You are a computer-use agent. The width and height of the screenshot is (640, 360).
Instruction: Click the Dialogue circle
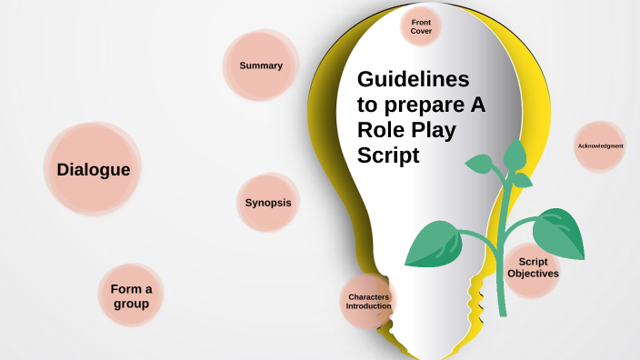93,169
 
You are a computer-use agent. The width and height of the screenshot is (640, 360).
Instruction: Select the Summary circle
261,65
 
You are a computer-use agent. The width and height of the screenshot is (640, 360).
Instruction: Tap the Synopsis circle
268,203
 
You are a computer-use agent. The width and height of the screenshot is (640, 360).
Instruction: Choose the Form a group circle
131,295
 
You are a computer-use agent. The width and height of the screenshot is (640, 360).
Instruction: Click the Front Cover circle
421,26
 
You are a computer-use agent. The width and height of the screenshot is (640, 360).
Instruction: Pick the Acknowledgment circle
600,146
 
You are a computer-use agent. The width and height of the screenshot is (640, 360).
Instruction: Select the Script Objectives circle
533,267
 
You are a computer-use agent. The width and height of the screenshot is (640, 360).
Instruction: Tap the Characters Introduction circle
369,301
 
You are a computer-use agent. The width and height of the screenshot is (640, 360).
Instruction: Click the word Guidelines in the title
413,79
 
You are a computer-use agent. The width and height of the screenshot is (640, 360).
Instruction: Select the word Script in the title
388,155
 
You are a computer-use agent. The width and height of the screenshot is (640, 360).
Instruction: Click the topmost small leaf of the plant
515,155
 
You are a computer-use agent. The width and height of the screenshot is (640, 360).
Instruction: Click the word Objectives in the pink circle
533,273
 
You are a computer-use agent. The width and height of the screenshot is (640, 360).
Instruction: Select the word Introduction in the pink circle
369,306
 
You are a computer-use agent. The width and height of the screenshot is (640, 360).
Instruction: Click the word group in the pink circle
131,304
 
